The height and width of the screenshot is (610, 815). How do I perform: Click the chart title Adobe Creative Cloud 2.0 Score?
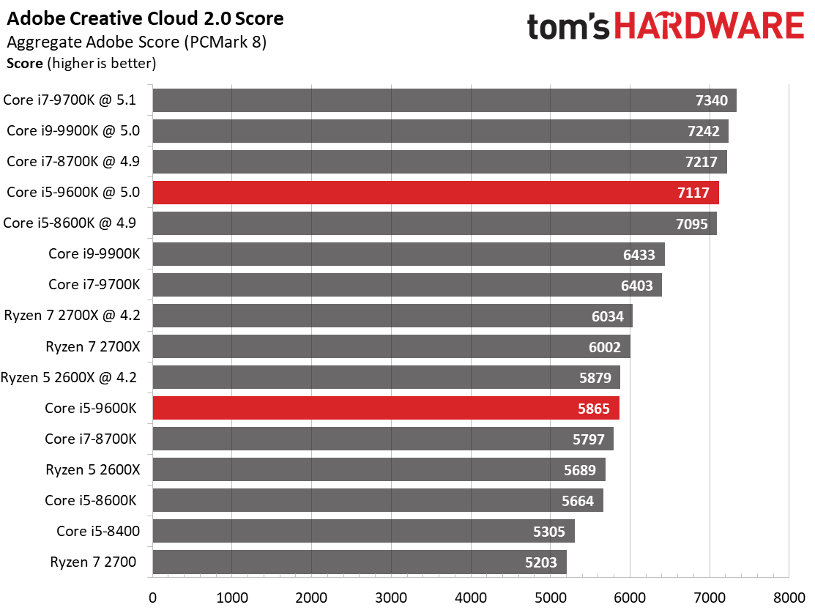145,19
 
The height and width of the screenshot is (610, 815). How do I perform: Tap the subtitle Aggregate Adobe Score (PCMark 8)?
136,42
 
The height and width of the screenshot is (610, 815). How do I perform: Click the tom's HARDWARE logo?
666,26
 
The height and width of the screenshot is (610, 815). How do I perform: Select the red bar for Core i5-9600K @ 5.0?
436,193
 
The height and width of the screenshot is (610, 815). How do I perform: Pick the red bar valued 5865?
386,408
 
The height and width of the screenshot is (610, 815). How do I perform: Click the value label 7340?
712,100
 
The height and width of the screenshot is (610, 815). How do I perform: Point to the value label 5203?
540,562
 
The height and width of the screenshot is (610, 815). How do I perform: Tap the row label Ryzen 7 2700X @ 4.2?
72,316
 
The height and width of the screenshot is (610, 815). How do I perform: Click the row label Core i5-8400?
97,531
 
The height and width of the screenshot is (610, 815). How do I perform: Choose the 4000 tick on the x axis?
471,598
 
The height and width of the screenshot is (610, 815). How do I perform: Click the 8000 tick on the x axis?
789,598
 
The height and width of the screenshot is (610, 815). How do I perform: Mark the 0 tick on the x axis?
153,598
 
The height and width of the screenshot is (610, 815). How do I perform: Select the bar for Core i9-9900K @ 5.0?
440,131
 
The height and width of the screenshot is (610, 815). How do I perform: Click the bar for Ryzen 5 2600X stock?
379,469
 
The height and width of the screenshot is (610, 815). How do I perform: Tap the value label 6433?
639,255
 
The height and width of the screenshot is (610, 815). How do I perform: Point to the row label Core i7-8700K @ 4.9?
73,162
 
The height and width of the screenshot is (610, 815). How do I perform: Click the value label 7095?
691,224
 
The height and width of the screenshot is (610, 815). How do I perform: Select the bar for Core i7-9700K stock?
407,285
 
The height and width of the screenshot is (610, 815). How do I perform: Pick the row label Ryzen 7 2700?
93,562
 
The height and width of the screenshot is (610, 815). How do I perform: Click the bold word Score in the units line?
24,64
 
